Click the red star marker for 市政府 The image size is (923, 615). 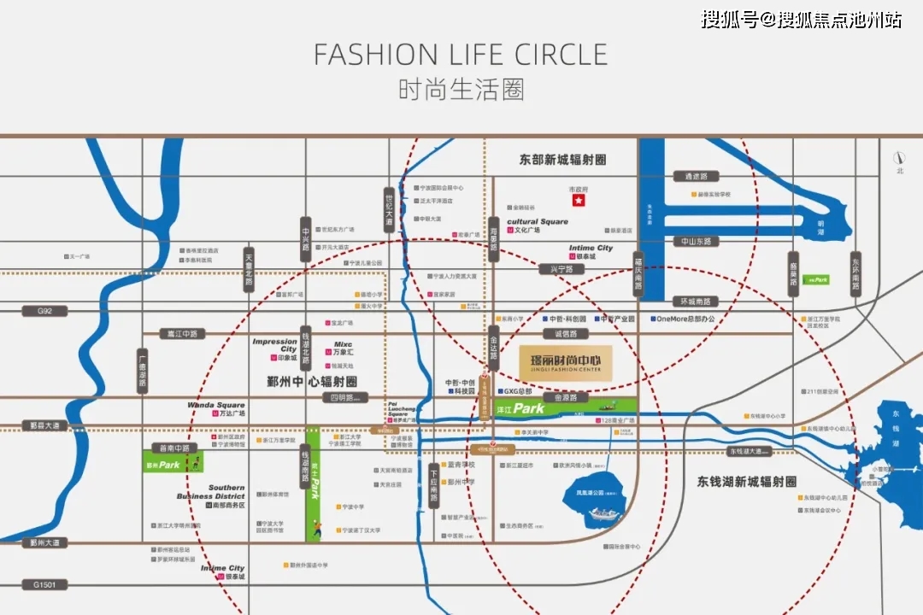point(579,200)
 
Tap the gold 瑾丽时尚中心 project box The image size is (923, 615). point(565,363)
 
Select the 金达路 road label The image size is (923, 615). point(493,347)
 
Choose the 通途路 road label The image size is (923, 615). point(691,176)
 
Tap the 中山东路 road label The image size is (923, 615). point(696,242)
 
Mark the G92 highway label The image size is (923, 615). point(44,311)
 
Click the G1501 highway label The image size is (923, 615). point(44,584)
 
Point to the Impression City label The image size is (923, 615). point(275,345)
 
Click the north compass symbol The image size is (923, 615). point(899,159)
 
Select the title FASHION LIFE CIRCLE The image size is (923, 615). point(461,54)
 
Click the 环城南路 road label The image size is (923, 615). point(700,302)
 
